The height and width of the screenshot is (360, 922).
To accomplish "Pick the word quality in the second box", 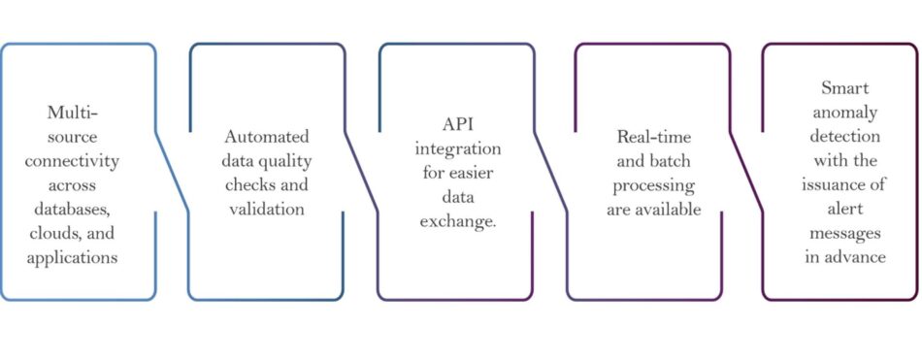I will (287, 160).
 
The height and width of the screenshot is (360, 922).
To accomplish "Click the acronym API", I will (458, 124).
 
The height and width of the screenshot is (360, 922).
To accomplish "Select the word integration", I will (458, 148).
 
